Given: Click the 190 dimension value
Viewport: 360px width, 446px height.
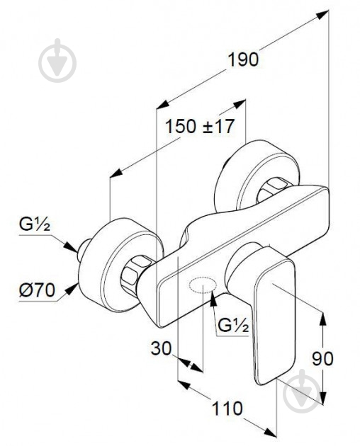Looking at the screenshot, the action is (244, 59).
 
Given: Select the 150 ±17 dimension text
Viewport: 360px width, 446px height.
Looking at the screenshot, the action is (200, 126).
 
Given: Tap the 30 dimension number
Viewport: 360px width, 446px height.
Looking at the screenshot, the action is (162, 348).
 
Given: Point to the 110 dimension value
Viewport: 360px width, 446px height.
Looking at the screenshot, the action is (227, 408).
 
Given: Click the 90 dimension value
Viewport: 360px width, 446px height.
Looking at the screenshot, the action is (322, 358).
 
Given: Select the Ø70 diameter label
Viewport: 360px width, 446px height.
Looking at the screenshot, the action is (37, 290).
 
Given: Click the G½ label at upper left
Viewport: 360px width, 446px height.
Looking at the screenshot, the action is (35, 224).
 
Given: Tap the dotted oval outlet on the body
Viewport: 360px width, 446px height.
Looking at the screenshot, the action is (203, 284).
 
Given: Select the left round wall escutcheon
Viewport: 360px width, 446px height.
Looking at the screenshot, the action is (120, 265).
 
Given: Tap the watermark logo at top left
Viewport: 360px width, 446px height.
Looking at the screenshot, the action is (57, 61).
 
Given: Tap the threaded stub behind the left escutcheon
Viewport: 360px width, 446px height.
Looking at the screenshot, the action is (83, 250).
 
